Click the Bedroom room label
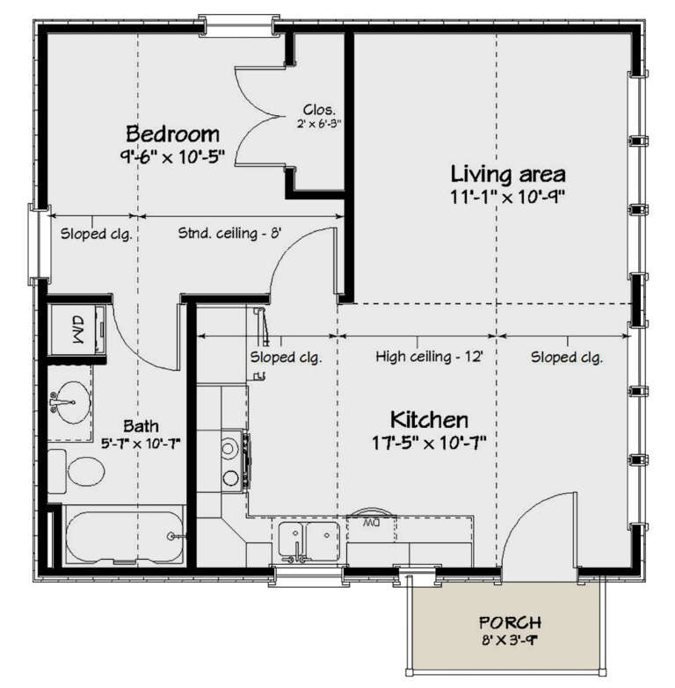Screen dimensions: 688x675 pos(172,134)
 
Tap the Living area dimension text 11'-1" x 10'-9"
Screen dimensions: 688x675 pos(506,196)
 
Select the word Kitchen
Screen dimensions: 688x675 pos(429,419)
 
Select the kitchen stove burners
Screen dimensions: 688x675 pos(233,462)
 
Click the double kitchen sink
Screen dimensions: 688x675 pos(310,539)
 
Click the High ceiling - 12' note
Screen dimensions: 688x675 pos(430,358)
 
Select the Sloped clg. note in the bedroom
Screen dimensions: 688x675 pos(96,234)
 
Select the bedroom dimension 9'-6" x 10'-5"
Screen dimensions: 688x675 pos(175,158)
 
